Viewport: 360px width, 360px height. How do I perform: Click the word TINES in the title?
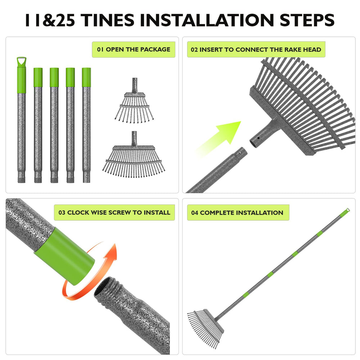tap(107, 20)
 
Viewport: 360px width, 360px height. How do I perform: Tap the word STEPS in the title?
tap(307, 20)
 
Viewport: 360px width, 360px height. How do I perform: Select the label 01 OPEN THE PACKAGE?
tap(134, 49)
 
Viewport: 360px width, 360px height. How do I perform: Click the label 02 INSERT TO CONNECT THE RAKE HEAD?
tap(256, 49)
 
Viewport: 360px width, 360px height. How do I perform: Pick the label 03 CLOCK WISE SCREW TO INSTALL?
tap(114, 212)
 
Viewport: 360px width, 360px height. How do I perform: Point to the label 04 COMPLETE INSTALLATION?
tap(238, 213)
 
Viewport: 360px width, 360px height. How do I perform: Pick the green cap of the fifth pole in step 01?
tap(86, 77)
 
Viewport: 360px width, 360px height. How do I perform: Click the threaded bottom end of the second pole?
tap(38, 179)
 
